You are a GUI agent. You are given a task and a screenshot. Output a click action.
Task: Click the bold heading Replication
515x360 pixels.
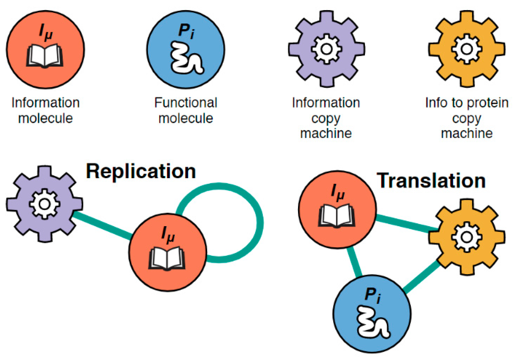(x=141, y=172)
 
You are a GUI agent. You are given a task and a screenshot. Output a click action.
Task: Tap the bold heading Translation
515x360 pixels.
(x=431, y=181)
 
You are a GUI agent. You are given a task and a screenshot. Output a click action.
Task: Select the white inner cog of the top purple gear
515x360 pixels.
(x=326, y=49)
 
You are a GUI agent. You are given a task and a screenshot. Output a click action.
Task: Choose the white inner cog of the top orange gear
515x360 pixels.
(x=467, y=49)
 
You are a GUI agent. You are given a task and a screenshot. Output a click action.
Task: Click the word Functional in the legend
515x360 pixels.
(x=186, y=103)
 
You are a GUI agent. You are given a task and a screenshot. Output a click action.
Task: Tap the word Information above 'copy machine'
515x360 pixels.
(x=326, y=103)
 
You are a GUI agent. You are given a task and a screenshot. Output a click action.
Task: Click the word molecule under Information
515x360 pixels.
(x=45, y=118)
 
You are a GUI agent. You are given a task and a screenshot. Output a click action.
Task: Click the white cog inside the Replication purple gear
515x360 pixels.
(x=45, y=204)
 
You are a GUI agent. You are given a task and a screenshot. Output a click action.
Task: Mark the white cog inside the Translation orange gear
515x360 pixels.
(x=467, y=237)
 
